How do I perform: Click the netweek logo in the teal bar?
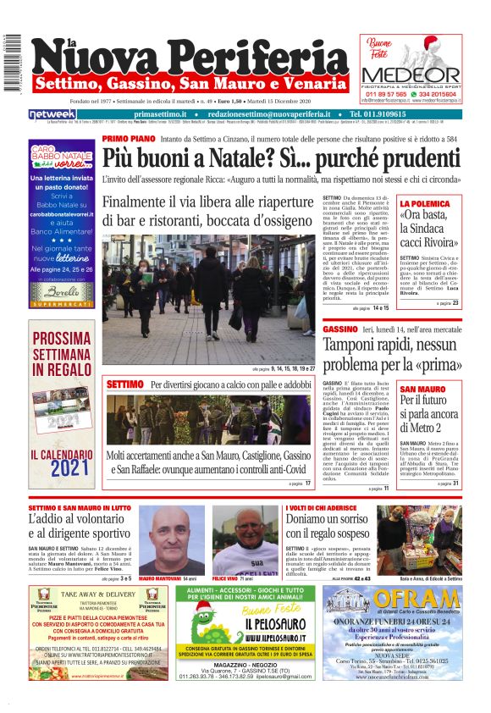click(52, 113)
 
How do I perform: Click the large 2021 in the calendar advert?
click(60, 467)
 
